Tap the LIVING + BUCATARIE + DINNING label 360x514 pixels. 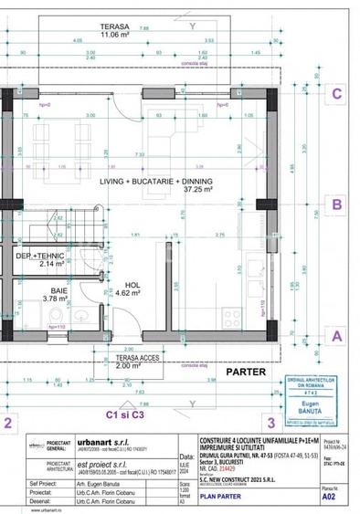(156, 183)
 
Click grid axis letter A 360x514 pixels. (337, 335)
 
